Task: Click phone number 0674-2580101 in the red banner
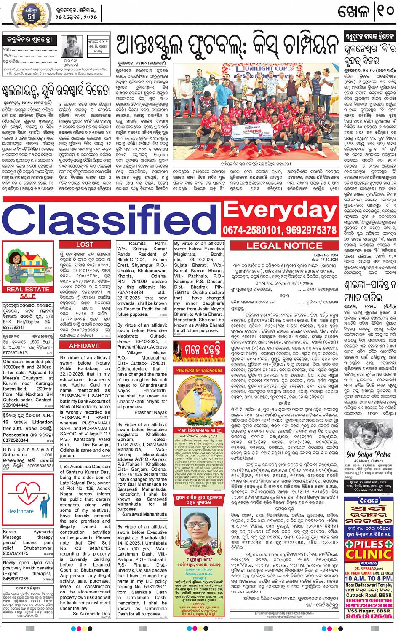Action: click(x=254, y=230)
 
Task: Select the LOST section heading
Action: click(x=85, y=244)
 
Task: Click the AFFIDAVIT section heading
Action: click(x=85, y=346)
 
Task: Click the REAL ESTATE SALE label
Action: click(x=28, y=293)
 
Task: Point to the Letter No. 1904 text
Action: click(x=326, y=255)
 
